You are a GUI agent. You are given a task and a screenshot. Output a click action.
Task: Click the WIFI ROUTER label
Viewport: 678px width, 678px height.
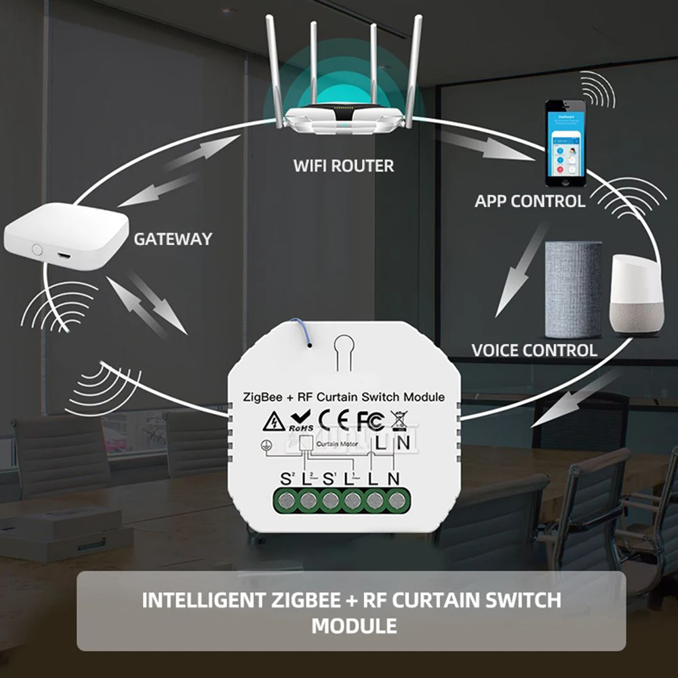point(343,165)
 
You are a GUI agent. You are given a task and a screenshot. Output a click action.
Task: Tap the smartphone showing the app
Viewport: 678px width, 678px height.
point(565,143)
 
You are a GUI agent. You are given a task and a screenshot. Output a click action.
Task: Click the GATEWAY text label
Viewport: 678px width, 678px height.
point(172,239)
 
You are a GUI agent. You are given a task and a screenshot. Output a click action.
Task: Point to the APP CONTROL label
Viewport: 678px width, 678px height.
point(530,201)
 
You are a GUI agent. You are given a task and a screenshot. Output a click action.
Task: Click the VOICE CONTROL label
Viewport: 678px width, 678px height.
point(534,351)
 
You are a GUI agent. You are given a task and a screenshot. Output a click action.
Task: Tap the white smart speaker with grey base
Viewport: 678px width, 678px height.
point(635,294)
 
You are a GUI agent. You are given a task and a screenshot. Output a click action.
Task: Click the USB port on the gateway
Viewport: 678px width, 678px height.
point(63,256)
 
